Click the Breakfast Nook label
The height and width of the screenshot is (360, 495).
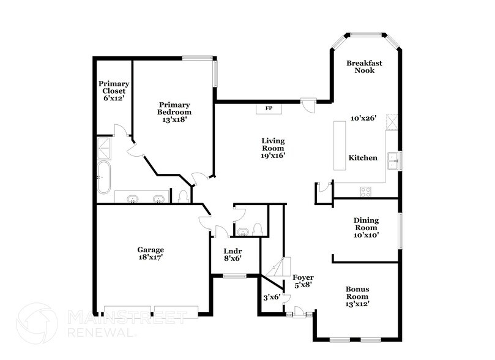point(360,67)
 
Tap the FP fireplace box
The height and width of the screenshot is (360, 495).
point(269,108)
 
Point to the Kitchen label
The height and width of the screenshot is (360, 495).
point(363,158)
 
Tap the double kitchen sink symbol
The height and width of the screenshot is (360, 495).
point(393,160)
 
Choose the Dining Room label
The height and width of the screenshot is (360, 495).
point(366,224)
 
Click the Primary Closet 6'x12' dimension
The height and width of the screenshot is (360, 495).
point(114,97)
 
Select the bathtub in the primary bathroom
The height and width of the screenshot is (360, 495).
point(105,178)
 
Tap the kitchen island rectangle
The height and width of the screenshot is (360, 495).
point(339,146)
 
